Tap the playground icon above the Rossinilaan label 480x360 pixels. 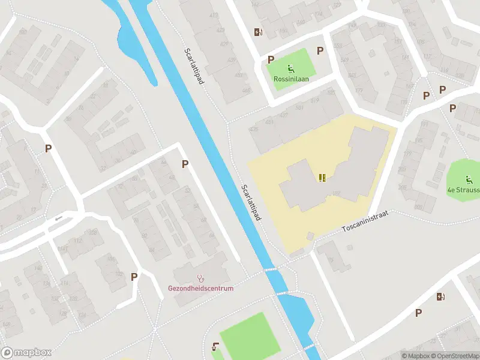coord(290,68)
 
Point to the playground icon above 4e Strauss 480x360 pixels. coord(468,179)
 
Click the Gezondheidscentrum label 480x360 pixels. coord(200,288)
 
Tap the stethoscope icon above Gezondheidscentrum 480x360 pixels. coord(200,278)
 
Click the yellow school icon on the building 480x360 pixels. coord(323,177)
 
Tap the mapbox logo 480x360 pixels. coord(26,352)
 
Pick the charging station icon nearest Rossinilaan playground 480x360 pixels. coord(258,32)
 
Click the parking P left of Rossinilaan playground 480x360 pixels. coord(271,59)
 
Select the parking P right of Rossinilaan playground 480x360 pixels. coord(320,51)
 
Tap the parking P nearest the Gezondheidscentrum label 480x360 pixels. coord(134,277)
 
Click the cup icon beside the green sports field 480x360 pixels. coord(215,346)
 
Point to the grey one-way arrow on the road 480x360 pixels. coord(58,218)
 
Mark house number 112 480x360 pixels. coord(77,241)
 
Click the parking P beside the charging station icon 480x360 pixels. coord(418,312)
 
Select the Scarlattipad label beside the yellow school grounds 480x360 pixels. coord(251,202)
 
